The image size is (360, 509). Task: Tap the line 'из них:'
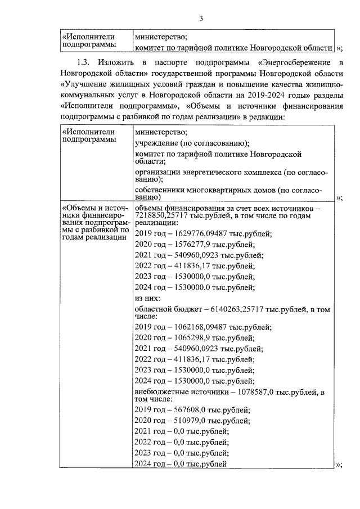tap(148, 298)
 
